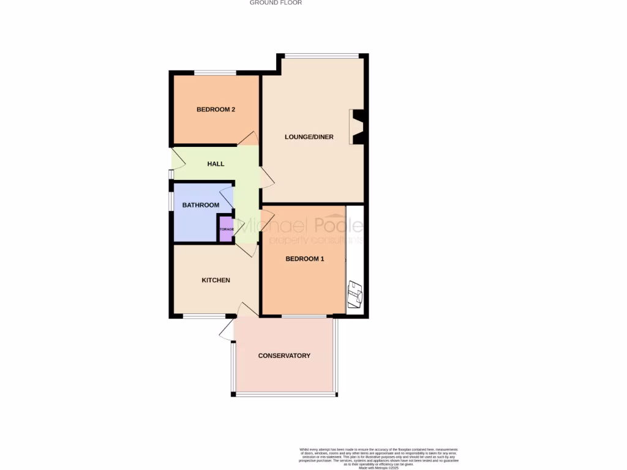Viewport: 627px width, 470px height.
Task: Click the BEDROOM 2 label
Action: (x=216, y=110)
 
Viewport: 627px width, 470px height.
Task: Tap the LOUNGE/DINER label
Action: (x=309, y=137)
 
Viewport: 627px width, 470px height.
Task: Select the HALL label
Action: (x=216, y=164)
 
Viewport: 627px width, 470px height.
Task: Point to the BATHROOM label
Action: (x=200, y=205)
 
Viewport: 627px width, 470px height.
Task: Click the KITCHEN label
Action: (x=216, y=280)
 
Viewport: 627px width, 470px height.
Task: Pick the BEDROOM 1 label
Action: (x=305, y=259)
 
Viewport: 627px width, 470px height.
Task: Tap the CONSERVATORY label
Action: (x=284, y=356)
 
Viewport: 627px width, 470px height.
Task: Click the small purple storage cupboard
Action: (x=226, y=229)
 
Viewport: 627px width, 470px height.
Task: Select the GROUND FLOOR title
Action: (x=276, y=3)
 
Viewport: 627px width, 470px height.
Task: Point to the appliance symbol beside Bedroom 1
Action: (x=355, y=294)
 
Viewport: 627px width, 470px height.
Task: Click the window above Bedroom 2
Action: (x=216, y=73)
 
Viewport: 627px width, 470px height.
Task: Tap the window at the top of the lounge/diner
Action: (x=321, y=56)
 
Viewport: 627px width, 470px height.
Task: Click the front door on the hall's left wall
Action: (x=177, y=159)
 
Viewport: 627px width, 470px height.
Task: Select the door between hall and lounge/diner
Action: (x=267, y=177)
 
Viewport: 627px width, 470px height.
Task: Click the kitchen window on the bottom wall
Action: (x=204, y=316)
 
